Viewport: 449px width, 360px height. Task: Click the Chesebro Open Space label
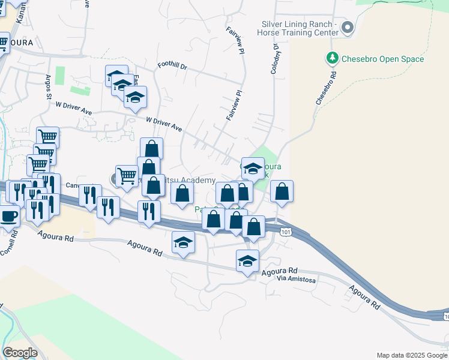(x=382, y=59)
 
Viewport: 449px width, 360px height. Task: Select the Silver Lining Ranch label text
(x=298, y=24)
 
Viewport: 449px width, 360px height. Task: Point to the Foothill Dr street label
(x=172, y=65)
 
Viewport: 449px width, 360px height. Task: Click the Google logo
(x=20, y=352)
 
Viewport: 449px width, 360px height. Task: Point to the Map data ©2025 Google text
(x=412, y=355)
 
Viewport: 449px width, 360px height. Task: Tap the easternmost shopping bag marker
(x=282, y=191)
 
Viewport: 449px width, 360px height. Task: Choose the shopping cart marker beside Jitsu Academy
(x=127, y=176)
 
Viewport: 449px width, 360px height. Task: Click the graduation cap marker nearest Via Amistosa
(x=247, y=261)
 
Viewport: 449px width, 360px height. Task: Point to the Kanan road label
(x=22, y=11)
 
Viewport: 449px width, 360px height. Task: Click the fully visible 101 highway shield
(x=286, y=231)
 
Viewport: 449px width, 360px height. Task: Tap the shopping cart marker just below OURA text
(x=3, y=43)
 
